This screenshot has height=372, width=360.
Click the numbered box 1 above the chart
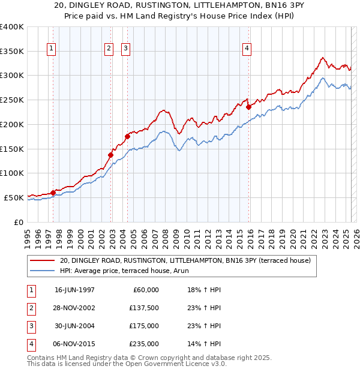(x=51, y=49)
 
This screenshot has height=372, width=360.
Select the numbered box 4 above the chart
(x=247, y=49)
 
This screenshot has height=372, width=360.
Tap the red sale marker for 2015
(x=248, y=107)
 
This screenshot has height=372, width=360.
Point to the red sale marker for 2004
(x=127, y=136)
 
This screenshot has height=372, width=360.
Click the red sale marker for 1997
(x=53, y=193)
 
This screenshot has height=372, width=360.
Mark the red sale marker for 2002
(x=110, y=155)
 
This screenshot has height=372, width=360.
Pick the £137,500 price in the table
(x=143, y=308)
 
